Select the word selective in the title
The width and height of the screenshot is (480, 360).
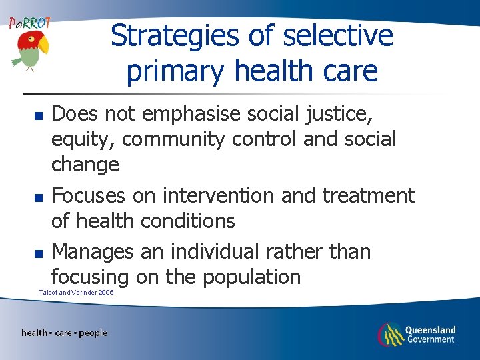pos(338,36)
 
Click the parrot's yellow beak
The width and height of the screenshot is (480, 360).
pos(43,45)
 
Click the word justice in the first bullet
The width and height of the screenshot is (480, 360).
pos(330,115)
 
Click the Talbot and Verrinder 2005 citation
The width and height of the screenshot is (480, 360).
pos(76,292)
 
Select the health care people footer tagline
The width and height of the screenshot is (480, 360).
pos(64,333)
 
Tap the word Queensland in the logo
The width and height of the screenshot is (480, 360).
pos(431,329)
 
